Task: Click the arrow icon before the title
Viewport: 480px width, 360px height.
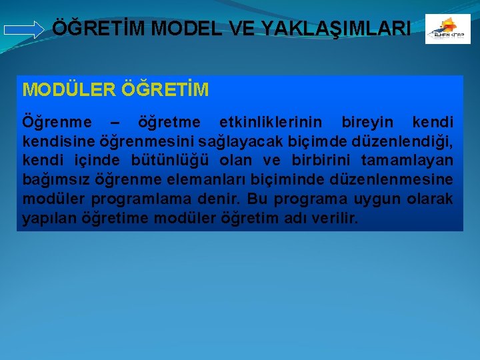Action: point(23,29)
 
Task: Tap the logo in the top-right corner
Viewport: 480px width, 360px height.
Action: point(447,29)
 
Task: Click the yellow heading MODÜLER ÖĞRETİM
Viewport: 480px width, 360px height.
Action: point(115,89)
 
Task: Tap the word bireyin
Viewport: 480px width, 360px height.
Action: point(367,123)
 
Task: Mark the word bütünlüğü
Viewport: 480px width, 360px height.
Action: point(173,161)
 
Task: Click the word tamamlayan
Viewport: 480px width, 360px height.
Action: point(407,161)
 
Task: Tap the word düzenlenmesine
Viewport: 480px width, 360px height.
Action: point(399,180)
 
